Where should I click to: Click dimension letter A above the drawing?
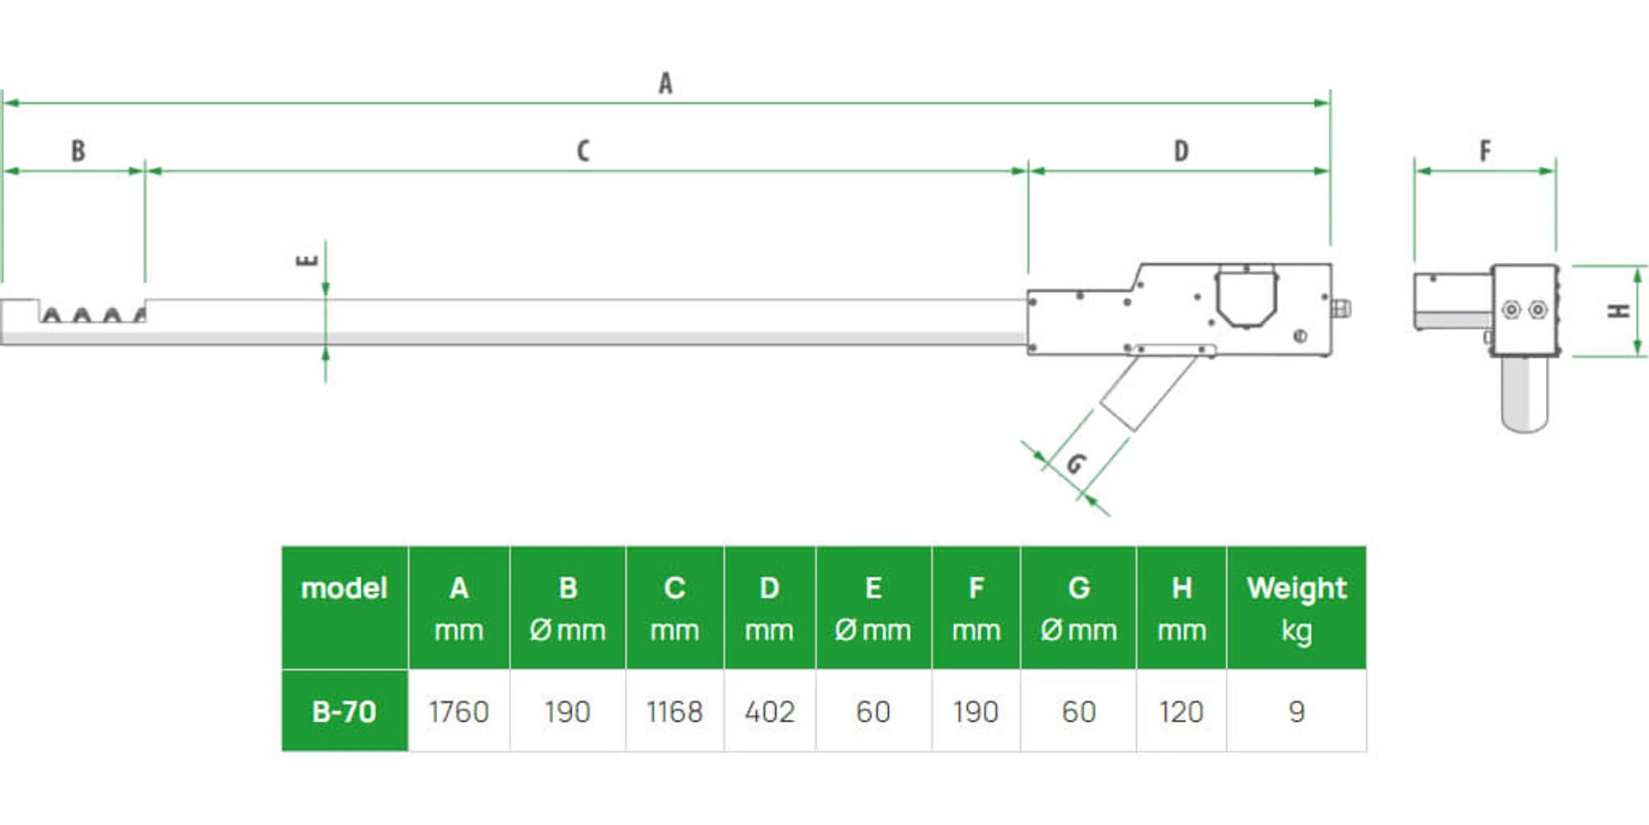click(665, 83)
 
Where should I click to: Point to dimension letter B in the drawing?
click(78, 151)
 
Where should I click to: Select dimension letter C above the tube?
click(583, 151)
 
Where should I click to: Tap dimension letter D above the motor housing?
click(1181, 151)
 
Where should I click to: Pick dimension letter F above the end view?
click(1485, 151)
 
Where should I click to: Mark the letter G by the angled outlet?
click(1075, 464)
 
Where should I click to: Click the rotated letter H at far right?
click(1619, 311)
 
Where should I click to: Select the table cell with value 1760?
click(458, 711)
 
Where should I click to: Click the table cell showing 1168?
click(674, 711)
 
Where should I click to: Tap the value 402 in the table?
click(769, 711)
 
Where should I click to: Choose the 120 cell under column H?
click(1181, 711)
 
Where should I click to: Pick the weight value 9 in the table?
click(1296, 711)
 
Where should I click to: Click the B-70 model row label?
click(344, 711)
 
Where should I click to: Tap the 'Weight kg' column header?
click(1296, 609)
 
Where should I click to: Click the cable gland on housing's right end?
click(1341, 309)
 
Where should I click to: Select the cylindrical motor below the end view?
click(1524, 394)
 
